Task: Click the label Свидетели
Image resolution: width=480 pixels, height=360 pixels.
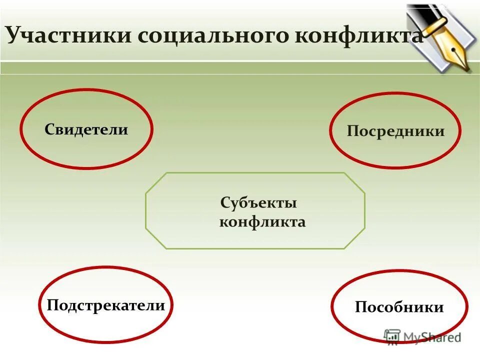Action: pos(86,130)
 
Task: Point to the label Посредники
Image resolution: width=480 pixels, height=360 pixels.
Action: pos(395,131)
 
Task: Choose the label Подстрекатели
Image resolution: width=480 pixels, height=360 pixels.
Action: pos(105,305)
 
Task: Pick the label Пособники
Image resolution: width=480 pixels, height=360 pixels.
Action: pos(399,307)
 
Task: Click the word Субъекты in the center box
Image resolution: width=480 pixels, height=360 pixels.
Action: pos(258,203)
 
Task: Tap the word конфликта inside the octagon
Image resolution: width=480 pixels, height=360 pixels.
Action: pos(262,222)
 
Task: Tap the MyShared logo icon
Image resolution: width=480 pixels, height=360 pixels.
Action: pos(392,336)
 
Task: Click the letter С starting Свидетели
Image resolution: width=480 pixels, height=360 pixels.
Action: pos(49,130)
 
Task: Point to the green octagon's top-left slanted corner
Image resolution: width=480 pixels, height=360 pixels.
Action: pos(155,182)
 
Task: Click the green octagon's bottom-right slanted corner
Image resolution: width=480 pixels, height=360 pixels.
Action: pos(354,238)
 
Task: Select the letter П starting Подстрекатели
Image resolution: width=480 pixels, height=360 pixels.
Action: pos(51,305)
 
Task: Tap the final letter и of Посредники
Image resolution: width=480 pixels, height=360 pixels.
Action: pos(440,132)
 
